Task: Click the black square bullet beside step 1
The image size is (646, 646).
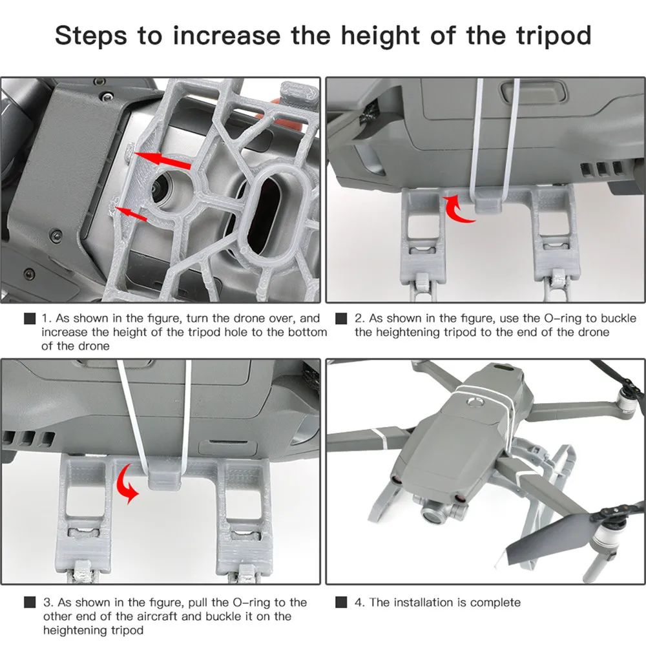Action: pyautogui.click(x=29, y=318)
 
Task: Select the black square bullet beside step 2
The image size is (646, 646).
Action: pyautogui.click(x=342, y=318)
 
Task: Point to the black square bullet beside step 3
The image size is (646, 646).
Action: pyautogui.click(x=29, y=603)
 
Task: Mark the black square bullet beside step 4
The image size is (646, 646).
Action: pyautogui.click(x=342, y=603)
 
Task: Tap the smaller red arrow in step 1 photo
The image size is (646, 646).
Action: pyautogui.click(x=132, y=213)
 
